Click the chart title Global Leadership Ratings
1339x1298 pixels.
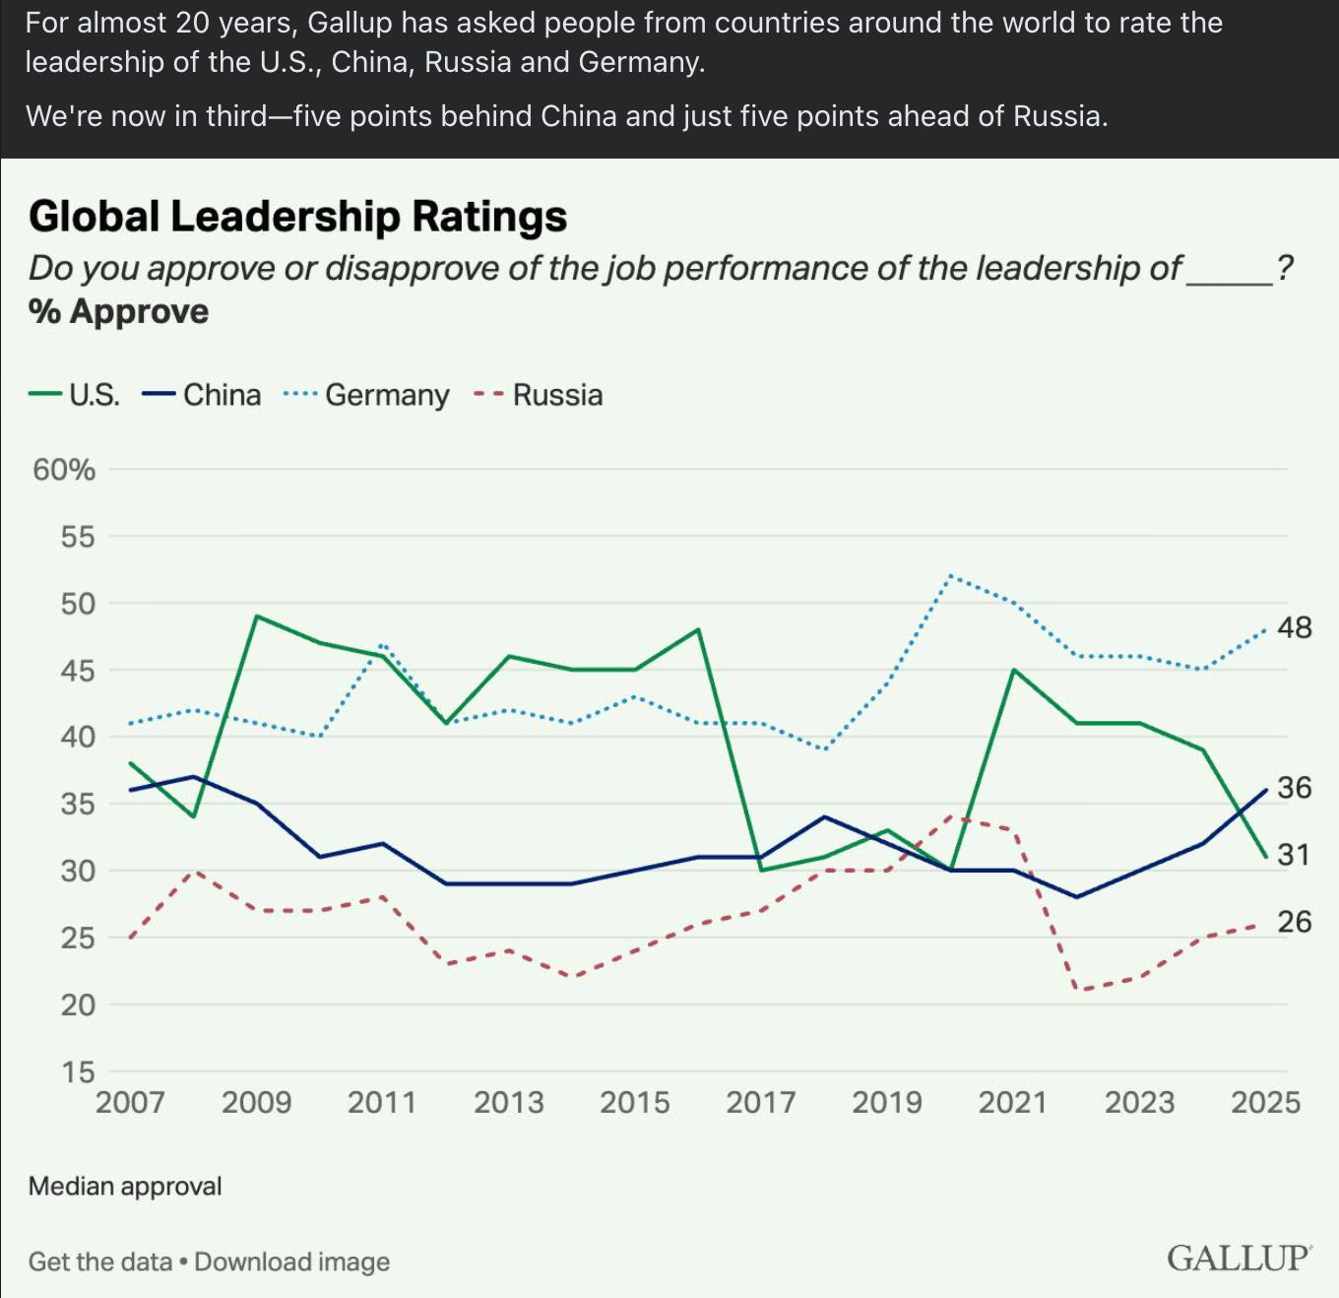(297, 217)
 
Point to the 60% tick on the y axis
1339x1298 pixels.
(64, 470)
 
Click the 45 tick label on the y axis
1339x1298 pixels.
(78, 671)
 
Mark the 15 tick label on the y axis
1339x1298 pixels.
(78, 1071)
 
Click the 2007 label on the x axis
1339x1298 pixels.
(130, 1102)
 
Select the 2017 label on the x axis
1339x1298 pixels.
(761, 1102)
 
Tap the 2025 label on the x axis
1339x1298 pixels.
(1265, 1102)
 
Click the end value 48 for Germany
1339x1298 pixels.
(1295, 627)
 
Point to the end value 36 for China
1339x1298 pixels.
(1295, 788)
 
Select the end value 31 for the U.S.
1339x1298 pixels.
(1295, 855)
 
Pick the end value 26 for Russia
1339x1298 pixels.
(1295, 922)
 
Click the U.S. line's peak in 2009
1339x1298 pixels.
(256, 617)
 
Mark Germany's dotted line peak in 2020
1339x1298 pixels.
(950, 576)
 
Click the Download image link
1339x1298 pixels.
(292, 1262)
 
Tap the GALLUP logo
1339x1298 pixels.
(1239, 1259)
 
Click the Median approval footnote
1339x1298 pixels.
(125, 1186)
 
